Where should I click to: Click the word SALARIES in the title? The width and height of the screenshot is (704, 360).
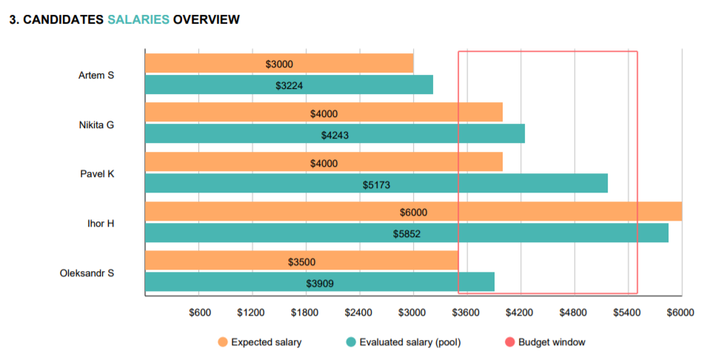click(138, 20)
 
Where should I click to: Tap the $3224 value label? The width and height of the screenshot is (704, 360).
click(289, 85)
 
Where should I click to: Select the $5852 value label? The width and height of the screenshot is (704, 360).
click(406, 233)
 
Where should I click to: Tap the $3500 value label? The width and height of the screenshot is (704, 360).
click(301, 261)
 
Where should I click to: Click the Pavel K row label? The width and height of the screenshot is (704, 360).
click(97, 174)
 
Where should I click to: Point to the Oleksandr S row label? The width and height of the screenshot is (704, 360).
click(87, 273)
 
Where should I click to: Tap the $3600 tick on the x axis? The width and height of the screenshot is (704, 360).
click(467, 313)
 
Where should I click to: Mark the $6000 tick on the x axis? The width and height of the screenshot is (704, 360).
click(680, 313)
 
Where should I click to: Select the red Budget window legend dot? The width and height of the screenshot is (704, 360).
click(509, 342)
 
